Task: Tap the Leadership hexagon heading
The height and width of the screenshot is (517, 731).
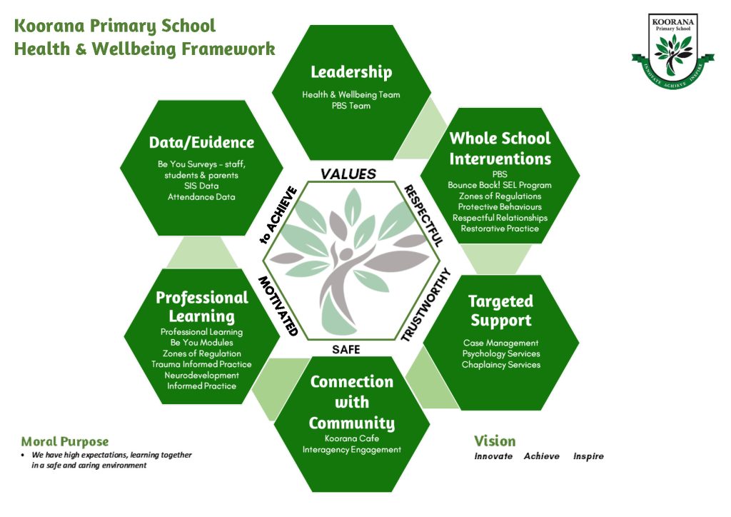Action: pyautogui.click(x=351, y=72)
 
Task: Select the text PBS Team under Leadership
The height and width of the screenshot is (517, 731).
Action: pyautogui.click(x=351, y=106)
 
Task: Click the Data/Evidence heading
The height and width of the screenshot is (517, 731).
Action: pyautogui.click(x=201, y=142)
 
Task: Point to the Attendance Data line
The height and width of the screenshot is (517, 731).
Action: pyautogui.click(x=201, y=197)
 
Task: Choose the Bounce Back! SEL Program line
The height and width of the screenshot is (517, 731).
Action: pyautogui.click(x=500, y=185)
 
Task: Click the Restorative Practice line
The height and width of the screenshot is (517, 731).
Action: pyautogui.click(x=500, y=229)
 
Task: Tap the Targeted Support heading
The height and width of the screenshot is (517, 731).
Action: pyautogui.click(x=500, y=311)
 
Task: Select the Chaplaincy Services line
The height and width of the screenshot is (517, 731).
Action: pyautogui.click(x=500, y=365)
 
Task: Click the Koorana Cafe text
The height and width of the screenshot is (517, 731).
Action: pyautogui.click(x=351, y=438)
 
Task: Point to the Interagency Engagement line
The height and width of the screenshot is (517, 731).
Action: pyautogui.click(x=351, y=450)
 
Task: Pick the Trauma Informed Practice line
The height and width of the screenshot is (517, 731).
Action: pyautogui.click(x=201, y=364)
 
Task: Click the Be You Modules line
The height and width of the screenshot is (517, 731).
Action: pyautogui.click(x=201, y=343)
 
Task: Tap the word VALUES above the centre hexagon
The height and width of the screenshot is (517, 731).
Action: pyautogui.click(x=348, y=174)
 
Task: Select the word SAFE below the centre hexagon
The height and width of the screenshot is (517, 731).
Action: pyautogui.click(x=346, y=349)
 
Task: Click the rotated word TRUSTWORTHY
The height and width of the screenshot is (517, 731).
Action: pyautogui.click(x=426, y=304)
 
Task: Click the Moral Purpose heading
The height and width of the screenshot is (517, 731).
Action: pyautogui.click(x=65, y=441)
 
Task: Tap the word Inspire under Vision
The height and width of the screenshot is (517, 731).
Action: pyautogui.click(x=588, y=456)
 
